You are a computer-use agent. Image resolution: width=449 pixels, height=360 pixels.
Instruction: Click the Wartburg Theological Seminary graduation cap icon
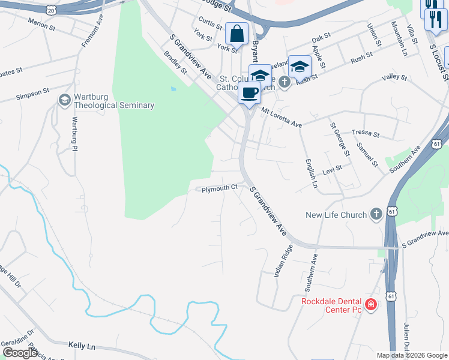(64, 100)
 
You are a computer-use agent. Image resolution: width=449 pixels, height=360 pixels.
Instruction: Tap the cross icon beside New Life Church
(376, 215)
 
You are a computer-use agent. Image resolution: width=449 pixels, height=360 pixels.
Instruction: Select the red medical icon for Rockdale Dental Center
(371, 305)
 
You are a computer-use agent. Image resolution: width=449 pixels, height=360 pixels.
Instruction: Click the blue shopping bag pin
(237, 34)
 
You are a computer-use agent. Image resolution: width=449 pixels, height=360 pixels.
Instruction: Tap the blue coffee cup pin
(249, 93)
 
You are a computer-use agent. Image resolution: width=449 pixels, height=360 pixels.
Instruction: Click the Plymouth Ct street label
(220, 188)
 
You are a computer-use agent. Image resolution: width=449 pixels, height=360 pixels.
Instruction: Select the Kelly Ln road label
(82, 346)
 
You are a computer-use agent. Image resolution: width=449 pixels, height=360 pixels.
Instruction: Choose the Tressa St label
(366, 133)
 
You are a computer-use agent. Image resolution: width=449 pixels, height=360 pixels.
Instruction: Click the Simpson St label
(32, 94)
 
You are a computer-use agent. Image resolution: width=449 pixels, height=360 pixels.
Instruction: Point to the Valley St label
(394, 77)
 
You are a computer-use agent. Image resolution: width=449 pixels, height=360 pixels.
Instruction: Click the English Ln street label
(310, 173)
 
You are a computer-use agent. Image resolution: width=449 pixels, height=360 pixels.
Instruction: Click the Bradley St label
(175, 62)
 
